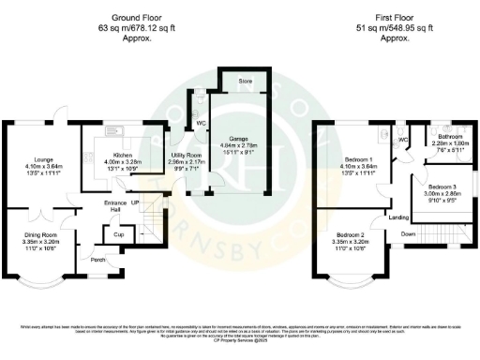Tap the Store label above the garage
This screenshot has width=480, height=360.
tap(246, 82)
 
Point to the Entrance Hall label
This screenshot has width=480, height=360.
tap(116, 211)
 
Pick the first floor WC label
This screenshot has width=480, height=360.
tap(404, 142)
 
